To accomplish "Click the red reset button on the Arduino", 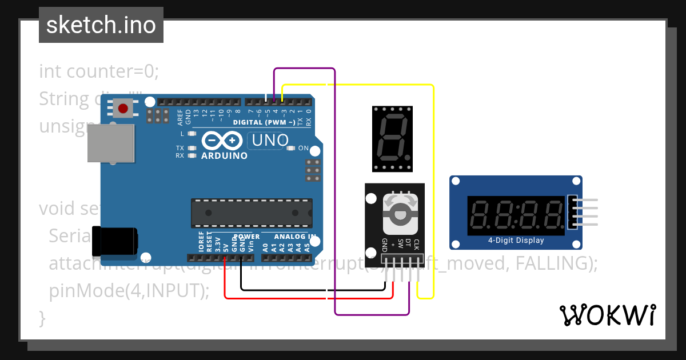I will [x=123, y=108].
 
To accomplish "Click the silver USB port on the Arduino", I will [x=112, y=143].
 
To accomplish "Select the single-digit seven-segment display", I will [x=392, y=138].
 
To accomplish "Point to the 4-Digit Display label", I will [x=516, y=241].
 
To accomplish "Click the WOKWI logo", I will [x=607, y=315].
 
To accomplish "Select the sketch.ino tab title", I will [x=101, y=25].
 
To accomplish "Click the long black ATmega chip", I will [x=252, y=213].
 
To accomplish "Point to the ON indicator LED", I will [x=291, y=149].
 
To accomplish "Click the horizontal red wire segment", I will [x=309, y=298].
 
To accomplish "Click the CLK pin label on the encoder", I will [x=417, y=245].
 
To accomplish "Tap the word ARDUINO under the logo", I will [x=224, y=155].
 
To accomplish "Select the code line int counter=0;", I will [x=99, y=71].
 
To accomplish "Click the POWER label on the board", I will [x=247, y=237].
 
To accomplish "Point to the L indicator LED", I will [x=192, y=134].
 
